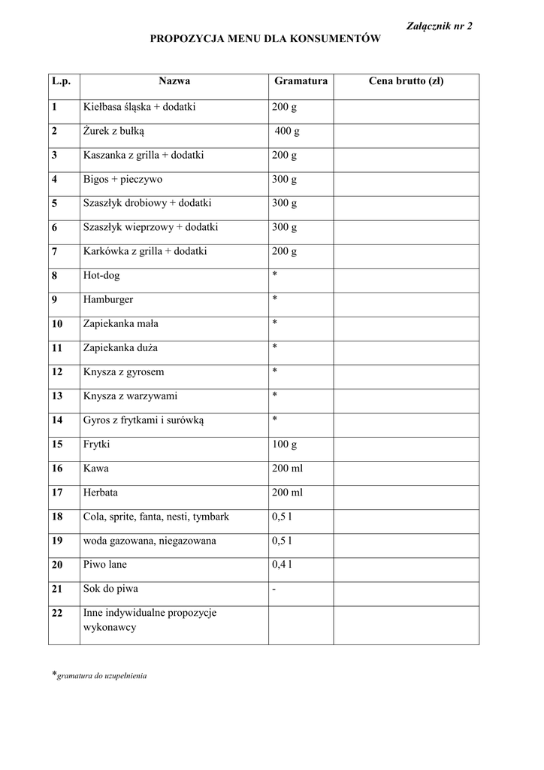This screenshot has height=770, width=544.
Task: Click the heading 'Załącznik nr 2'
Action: click(440, 26)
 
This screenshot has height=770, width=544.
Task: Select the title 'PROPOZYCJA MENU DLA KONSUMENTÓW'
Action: click(264, 38)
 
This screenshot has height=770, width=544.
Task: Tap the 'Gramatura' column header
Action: click(301, 81)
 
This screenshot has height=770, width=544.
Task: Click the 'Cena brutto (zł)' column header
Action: click(406, 81)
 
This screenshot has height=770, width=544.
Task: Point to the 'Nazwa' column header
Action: click(174, 81)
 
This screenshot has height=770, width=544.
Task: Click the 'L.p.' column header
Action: click(60, 81)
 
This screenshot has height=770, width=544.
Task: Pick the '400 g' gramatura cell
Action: click(287, 132)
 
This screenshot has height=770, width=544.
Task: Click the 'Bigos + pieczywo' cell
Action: click(122, 180)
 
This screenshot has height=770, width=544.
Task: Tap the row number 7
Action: click(55, 251)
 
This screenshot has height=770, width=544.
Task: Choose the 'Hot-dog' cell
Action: click(101, 276)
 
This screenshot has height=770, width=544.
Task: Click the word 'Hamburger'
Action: click(108, 299)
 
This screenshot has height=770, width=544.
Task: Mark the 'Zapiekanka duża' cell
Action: click(120, 348)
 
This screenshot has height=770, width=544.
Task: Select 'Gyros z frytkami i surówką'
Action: click(144, 420)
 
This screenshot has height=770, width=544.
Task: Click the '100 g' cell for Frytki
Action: click(285, 444)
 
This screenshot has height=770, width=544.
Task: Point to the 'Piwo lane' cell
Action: click(104, 565)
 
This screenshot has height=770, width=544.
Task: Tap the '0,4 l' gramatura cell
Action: click(283, 565)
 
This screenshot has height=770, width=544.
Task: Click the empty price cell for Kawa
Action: click(406, 468)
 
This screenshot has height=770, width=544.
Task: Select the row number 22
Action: click(57, 614)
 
